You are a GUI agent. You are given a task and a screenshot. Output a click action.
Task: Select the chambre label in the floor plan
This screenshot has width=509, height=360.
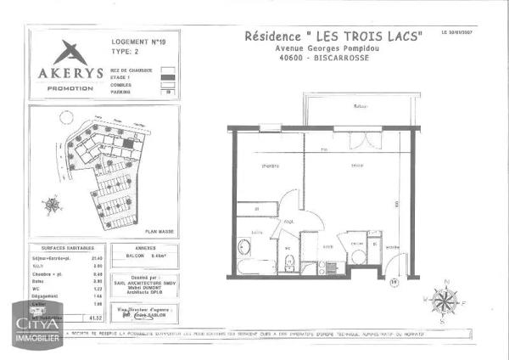click(271, 166)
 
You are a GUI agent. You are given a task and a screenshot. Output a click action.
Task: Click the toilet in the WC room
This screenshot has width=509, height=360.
click(288, 260)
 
